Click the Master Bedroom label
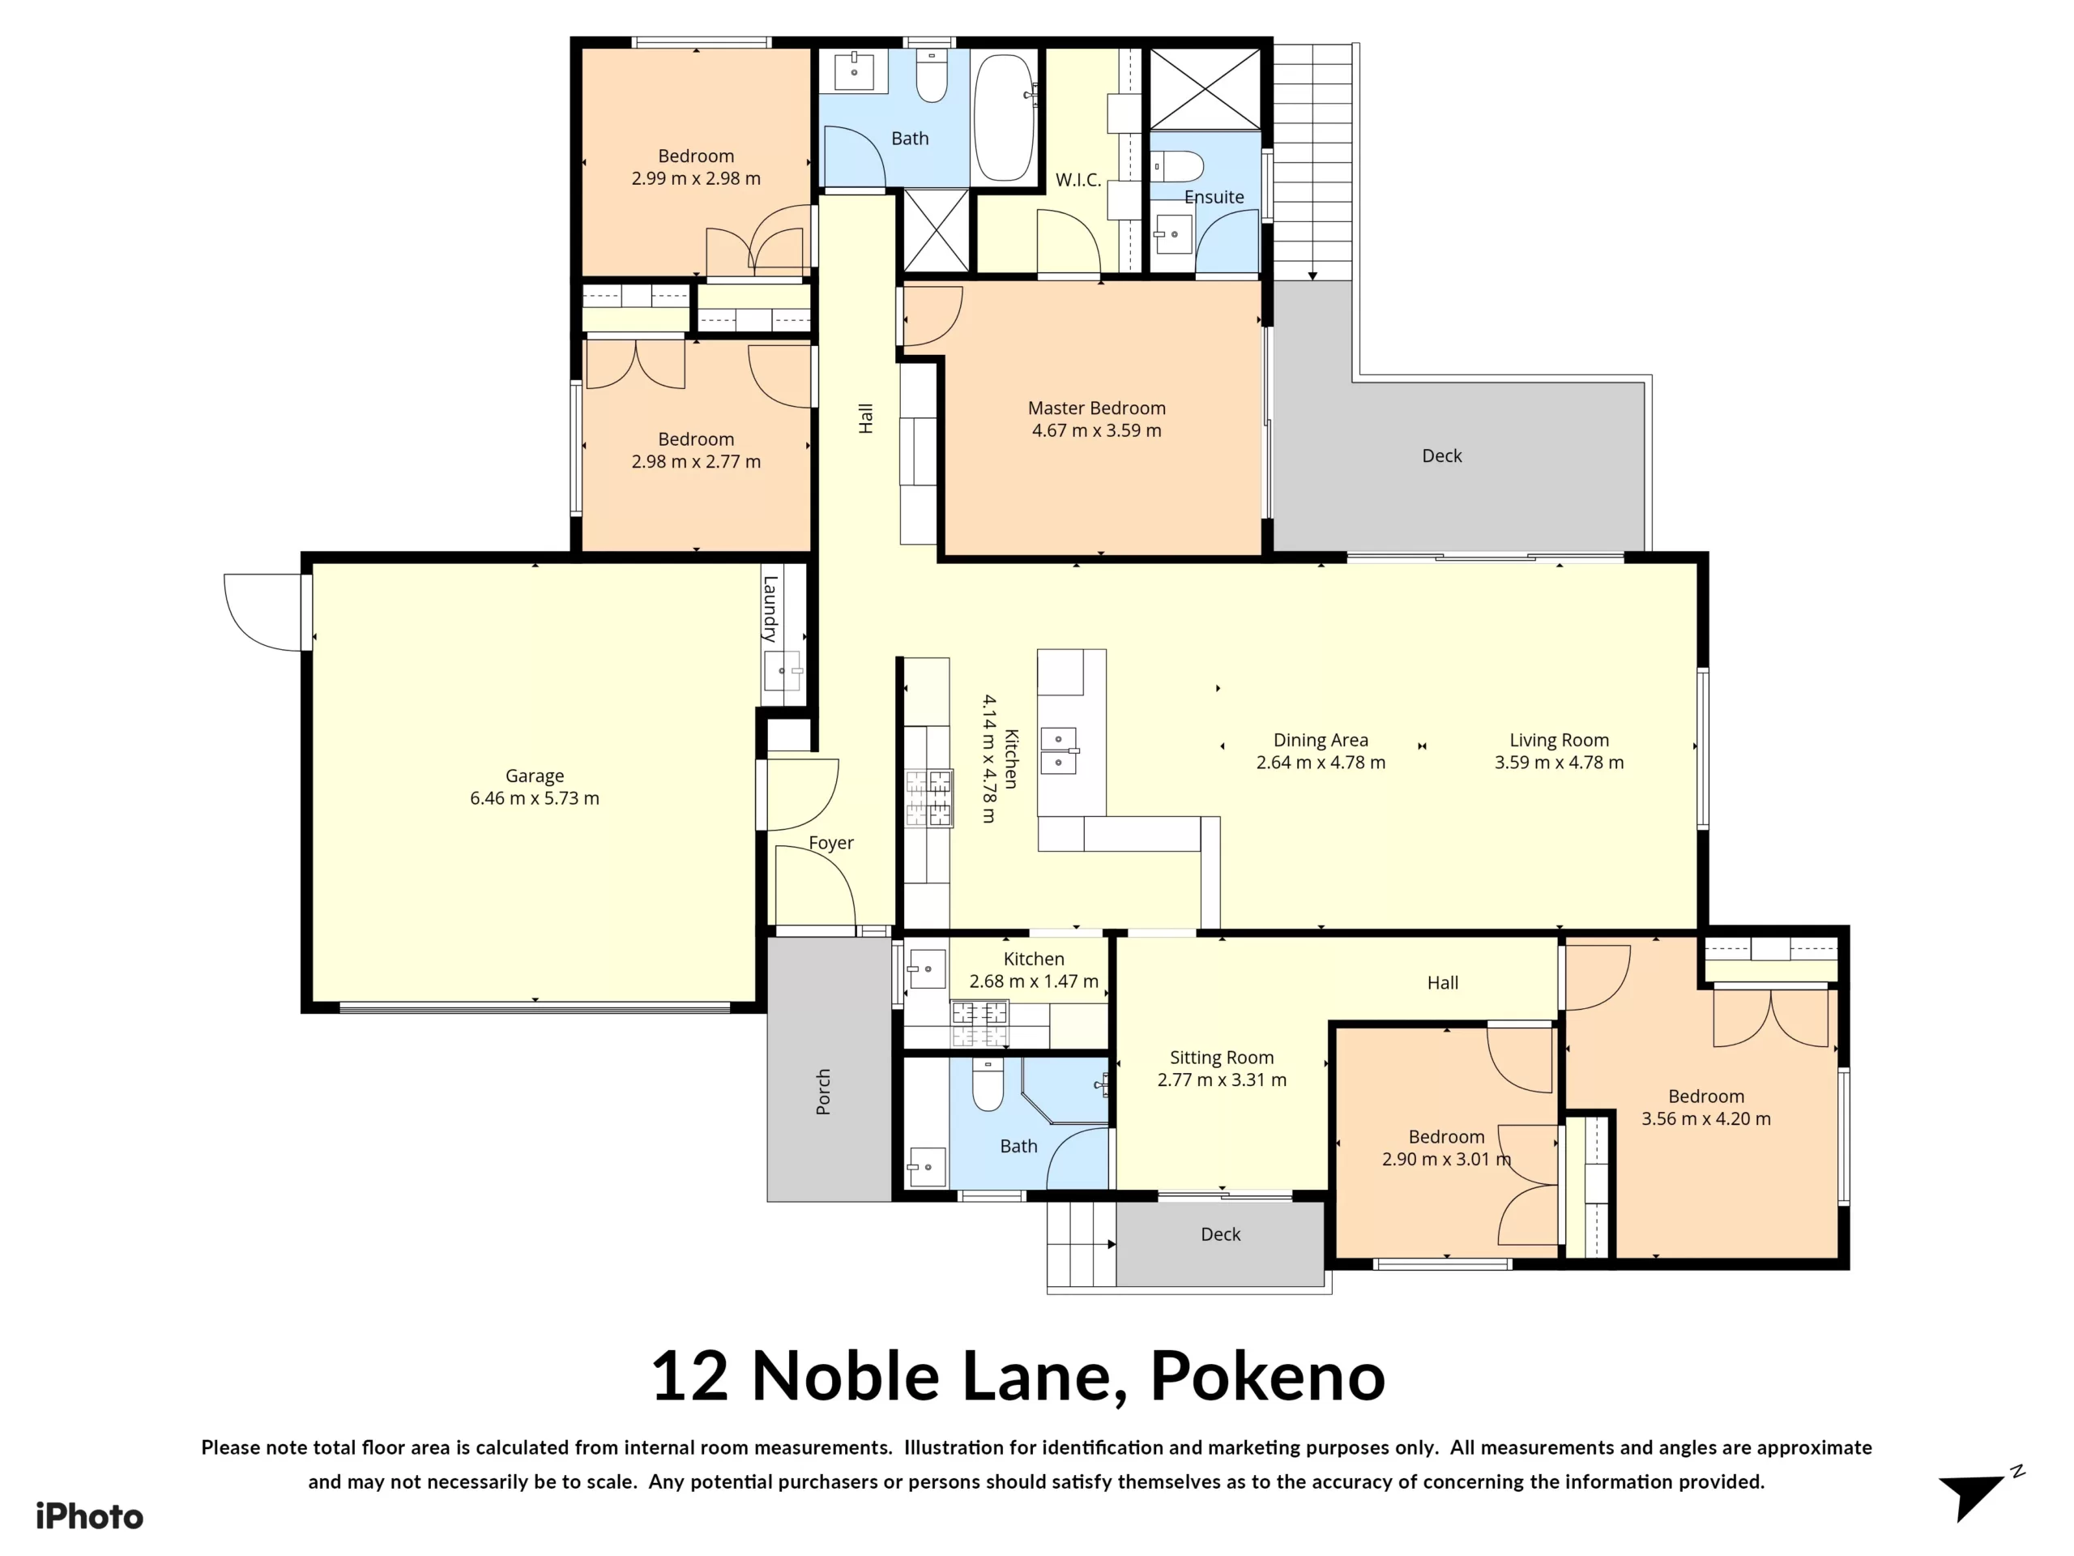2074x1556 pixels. tap(1096, 408)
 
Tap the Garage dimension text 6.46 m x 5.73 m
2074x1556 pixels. tap(535, 798)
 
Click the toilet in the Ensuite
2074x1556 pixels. tap(1180, 167)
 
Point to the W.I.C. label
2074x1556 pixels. tap(1078, 180)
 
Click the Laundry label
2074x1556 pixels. tap(770, 609)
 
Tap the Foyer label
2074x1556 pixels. tap(830, 843)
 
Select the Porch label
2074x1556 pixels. tap(823, 1092)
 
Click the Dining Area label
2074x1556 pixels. tap(1321, 740)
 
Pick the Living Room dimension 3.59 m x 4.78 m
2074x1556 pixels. tap(1558, 763)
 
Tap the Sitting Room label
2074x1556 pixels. tap(1221, 1058)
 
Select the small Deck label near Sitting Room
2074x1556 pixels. tap(1220, 1234)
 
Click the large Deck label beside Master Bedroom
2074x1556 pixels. tap(1441, 455)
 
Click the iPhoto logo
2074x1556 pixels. tap(89, 1516)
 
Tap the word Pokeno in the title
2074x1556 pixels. tap(1267, 1377)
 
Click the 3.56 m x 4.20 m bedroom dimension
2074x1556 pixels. tap(1705, 1119)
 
